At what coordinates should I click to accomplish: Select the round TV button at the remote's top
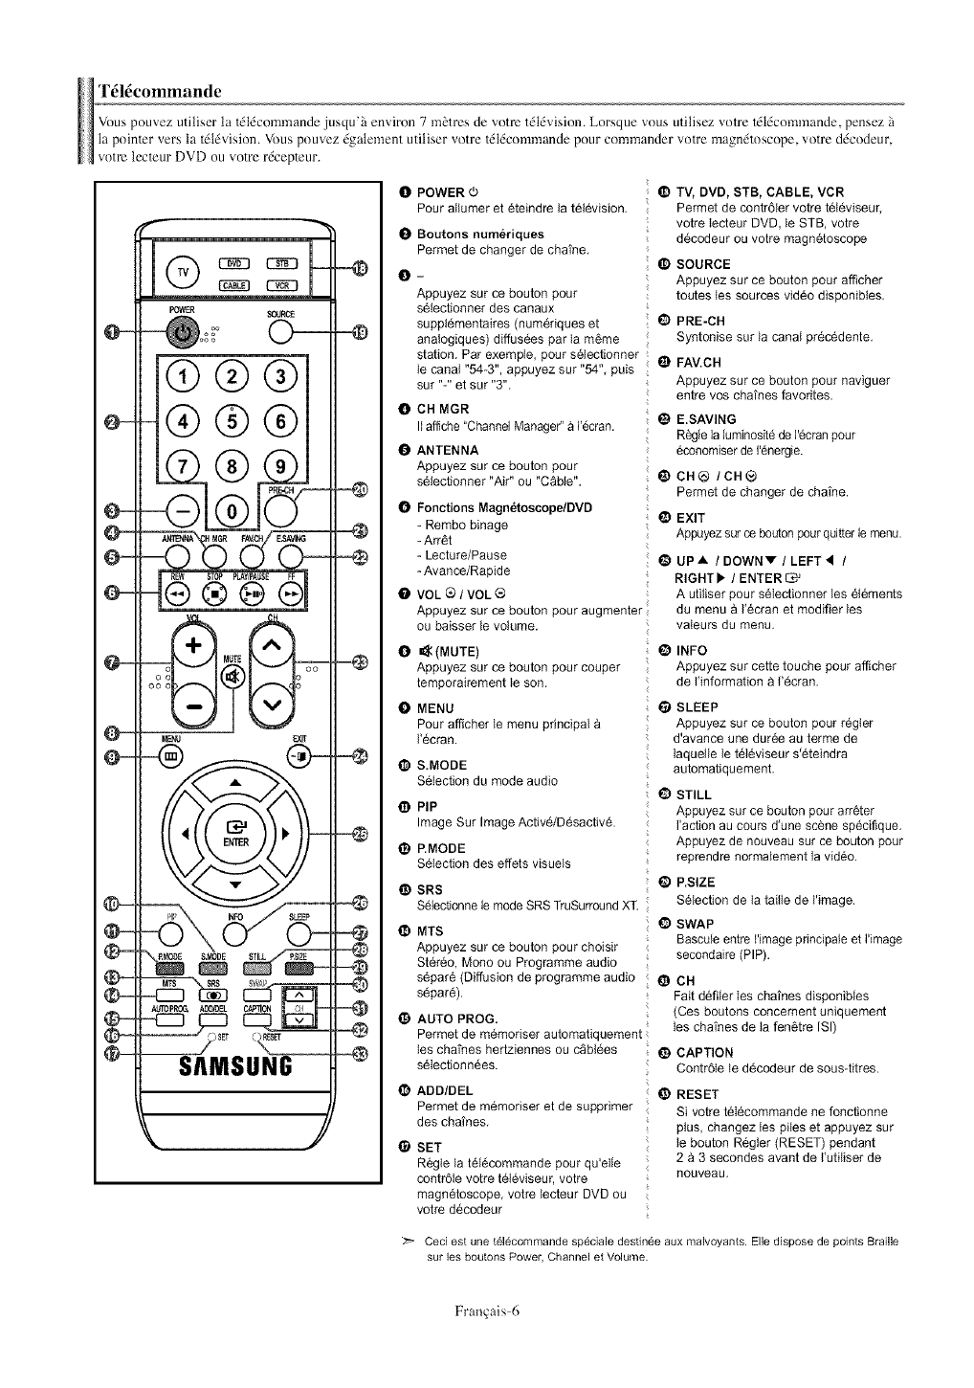(184, 272)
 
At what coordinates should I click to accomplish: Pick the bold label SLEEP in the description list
(697, 707)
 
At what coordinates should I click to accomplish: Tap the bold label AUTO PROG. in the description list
(457, 1018)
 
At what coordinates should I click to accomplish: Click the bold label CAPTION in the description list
(704, 1052)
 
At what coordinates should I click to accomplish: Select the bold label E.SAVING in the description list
(706, 419)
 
